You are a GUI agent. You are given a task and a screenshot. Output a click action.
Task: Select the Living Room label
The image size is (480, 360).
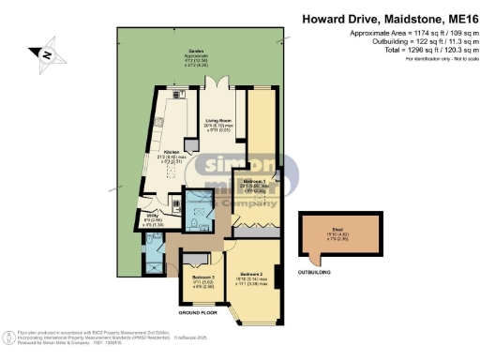point(217,123)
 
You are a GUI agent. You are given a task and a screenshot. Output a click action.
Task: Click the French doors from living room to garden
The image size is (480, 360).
point(218,87)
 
